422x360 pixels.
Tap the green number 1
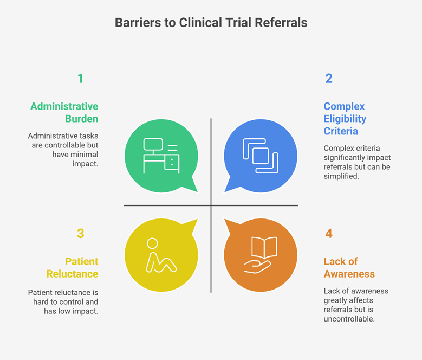click(x=80, y=79)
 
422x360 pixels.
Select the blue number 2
click(x=329, y=79)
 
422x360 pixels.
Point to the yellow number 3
click(x=81, y=234)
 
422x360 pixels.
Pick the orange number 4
click(x=329, y=234)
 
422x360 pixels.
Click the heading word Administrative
click(x=64, y=106)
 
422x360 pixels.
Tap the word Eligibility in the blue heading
click(x=345, y=119)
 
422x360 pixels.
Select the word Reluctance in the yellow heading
click(x=72, y=274)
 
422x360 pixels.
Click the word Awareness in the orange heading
click(x=349, y=274)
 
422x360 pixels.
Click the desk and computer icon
click(x=161, y=156)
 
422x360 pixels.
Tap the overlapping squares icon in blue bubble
click(x=261, y=156)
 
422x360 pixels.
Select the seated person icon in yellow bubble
click(x=161, y=255)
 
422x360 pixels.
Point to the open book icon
click(x=264, y=247)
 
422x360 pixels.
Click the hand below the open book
click(x=257, y=267)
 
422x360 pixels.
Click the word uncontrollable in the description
click(x=349, y=319)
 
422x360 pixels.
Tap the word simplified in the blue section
click(x=341, y=176)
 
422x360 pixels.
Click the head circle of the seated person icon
click(x=152, y=243)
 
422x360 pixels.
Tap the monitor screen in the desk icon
click(x=153, y=144)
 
